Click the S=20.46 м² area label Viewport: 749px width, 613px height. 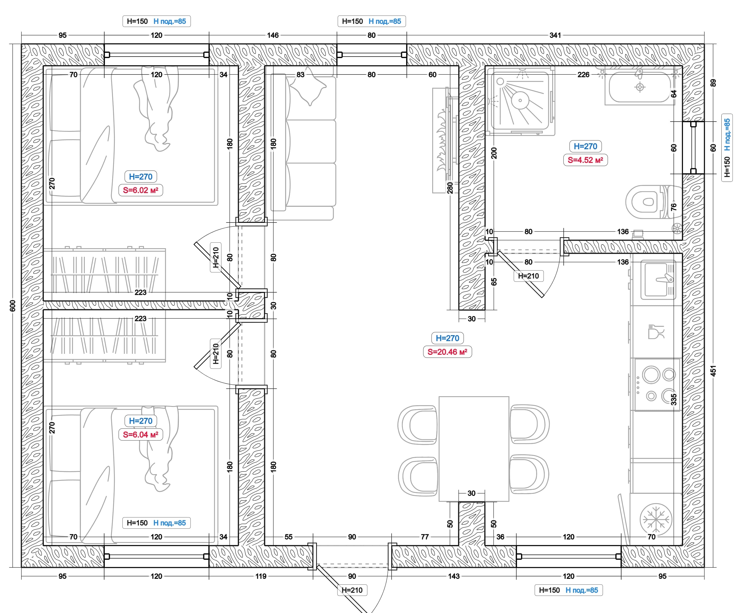447,352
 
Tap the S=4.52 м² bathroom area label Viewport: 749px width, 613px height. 585,160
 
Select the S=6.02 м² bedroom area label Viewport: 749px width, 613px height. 141,190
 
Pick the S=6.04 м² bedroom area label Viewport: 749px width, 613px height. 141,434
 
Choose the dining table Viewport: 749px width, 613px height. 474,449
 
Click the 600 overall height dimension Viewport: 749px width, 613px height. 13,306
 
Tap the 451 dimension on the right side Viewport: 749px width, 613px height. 713,371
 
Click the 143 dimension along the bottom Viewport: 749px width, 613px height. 454,576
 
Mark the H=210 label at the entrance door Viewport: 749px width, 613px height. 352,590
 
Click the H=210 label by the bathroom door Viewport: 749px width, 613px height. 529,276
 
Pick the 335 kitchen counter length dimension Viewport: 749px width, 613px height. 674,399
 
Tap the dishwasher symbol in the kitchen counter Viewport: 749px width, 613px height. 656,332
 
